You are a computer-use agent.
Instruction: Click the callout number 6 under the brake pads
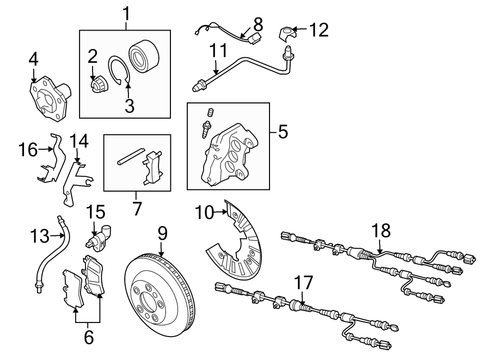point(88,337)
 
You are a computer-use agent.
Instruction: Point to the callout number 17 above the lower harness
point(304,283)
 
